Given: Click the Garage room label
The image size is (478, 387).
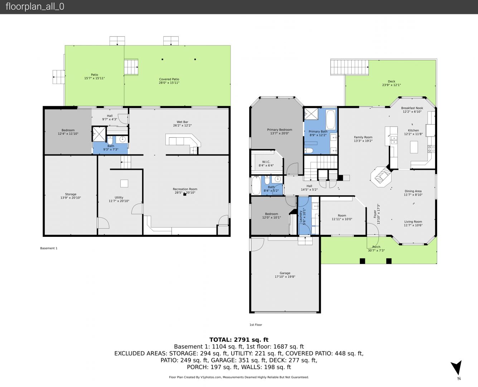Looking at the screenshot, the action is (x=285, y=273).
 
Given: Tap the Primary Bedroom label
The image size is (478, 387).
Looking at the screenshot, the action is (x=279, y=130).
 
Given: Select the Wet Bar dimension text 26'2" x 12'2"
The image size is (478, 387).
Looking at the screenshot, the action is (x=182, y=125).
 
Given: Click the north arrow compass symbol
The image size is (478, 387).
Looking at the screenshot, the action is (x=457, y=368).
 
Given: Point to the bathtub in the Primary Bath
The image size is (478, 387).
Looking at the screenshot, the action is (x=331, y=119).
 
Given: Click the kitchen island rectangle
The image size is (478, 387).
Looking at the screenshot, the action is (x=414, y=147).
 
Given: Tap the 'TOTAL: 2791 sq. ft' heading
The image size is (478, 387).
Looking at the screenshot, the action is (x=239, y=340).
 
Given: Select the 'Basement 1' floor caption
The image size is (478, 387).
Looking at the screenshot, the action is (x=49, y=248).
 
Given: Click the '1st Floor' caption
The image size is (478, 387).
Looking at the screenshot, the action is (x=256, y=325).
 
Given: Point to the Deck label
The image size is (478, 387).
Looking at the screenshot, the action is (x=391, y=81).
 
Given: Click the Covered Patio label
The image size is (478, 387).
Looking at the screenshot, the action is (x=169, y=79).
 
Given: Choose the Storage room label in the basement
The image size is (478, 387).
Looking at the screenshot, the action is (x=71, y=194).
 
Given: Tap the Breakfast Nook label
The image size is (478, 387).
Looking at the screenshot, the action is (x=412, y=108).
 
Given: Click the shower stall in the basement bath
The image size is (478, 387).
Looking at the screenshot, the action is (x=99, y=134).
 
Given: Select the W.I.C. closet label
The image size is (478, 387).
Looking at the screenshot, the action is (x=266, y=162).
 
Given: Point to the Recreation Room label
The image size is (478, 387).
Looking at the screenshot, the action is (x=185, y=189).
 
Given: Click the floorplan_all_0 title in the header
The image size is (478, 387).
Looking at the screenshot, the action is (x=35, y=6).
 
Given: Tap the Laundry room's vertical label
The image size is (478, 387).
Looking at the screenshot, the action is (x=301, y=216).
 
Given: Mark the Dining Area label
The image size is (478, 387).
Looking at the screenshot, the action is (x=413, y=191).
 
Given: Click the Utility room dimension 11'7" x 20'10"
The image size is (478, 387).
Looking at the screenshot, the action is (x=119, y=201).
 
